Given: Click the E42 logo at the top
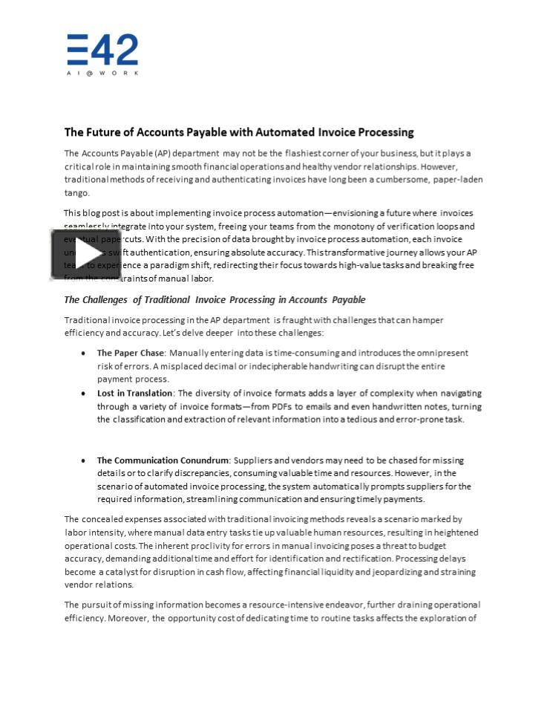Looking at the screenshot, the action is point(102,51).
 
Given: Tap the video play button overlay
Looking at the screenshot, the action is point(76,253).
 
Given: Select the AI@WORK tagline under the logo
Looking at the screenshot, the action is point(102,73).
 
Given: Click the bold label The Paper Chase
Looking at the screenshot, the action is point(130,353).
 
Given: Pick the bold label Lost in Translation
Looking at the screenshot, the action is point(134,393).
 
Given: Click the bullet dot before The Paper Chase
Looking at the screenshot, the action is point(83,354).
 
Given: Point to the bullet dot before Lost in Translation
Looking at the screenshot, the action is point(83,394).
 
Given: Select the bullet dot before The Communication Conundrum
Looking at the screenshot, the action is point(83,460).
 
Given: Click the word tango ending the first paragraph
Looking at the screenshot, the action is point(76,193).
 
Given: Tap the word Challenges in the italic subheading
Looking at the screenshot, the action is point(108,300).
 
